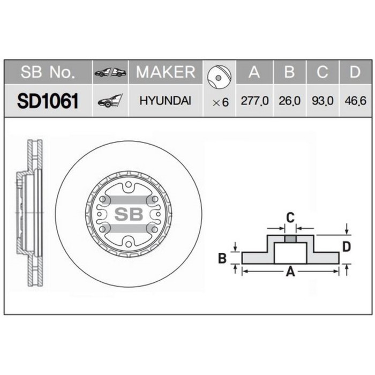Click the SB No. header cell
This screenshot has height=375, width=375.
pyautogui.click(x=48, y=72)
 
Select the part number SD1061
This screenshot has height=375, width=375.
pyautogui.click(x=48, y=101)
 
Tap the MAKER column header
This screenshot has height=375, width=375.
pyautogui.click(x=166, y=72)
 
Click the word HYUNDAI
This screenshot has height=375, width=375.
pyautogui.click(x=166, y=101)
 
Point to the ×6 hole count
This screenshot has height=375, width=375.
pyautogui.click(x=220, y=101)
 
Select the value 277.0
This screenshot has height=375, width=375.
pyautogui.click(x=254, y=101)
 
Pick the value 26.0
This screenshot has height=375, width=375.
pyautogui.click(x=289, y=101)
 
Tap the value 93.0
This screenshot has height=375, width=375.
pyautogui.click(x=322, y=101)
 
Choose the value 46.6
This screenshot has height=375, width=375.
pyautogui.click(x=355, y=101)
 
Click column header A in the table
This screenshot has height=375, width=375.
pyautogui.click(x=254, y=72)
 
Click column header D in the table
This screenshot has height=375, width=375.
pyautogui.click(x=355, y=72)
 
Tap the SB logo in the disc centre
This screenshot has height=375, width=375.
pyautogui.click(x=128, y=214)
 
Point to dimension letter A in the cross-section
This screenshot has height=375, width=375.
pyautogui.click(x=290, y=272)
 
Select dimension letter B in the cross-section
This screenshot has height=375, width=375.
pyautogui.click(x=222, y=259)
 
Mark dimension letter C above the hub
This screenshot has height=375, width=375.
pyautogui.click(x=290, y=217)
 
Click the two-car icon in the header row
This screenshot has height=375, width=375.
pyautogui.click(x=110, y=72)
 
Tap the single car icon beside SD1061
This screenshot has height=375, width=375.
pyautogui.click(x=110, y=100)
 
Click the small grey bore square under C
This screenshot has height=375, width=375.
pyautogui.click(x=290, y=238)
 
